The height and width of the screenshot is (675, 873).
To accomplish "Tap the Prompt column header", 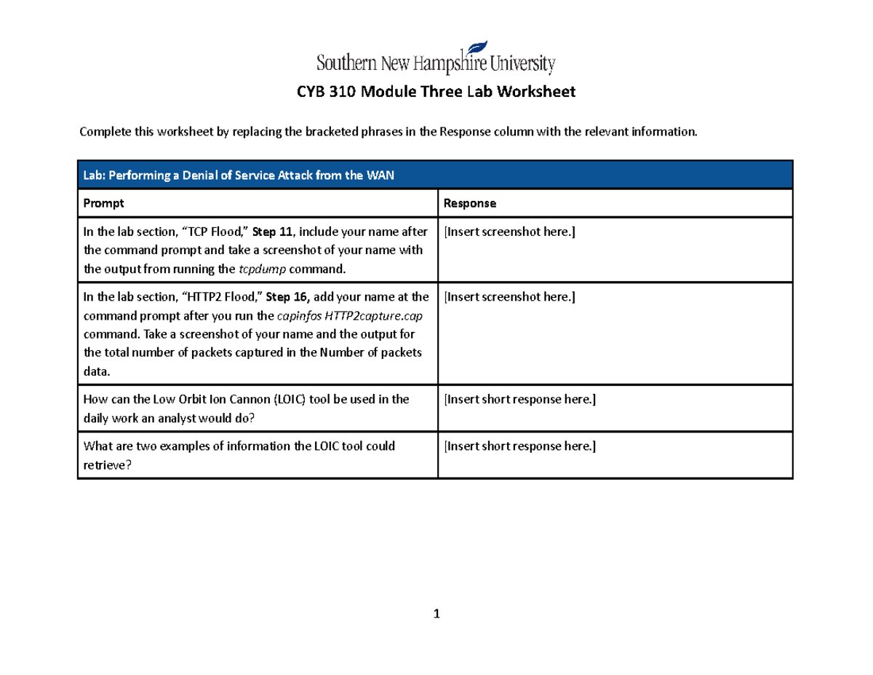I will [x=104, y=203].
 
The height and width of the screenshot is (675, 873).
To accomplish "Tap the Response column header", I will [x=470, y=203].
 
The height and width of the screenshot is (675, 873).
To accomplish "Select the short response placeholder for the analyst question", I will [x=519, y=399].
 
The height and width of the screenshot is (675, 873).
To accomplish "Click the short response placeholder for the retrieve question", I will [x=519, y=446].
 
